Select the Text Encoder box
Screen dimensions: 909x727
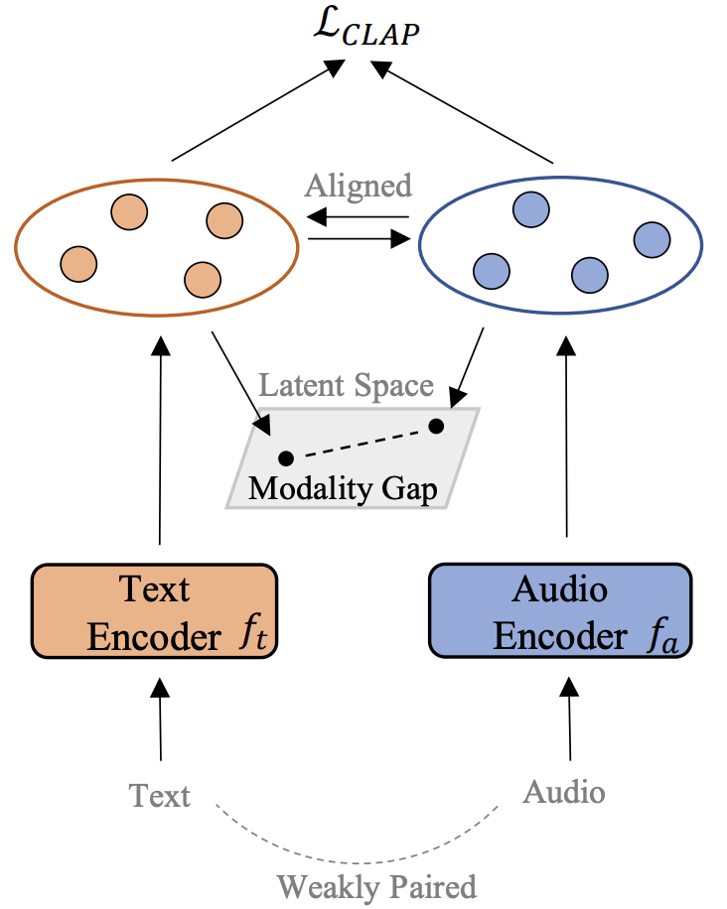tap(154, 610)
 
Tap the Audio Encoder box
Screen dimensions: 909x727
tap(559, 610)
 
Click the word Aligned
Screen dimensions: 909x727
tap(359, 186)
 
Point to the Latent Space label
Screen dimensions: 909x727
tap(346, 386)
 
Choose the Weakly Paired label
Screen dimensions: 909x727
tap(376, 884)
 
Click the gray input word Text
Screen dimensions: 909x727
tap(159, 795)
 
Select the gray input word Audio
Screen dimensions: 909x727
tap(563, 792)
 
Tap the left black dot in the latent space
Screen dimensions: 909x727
tap(286, 458)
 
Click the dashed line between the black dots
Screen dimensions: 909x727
tap(360, 443)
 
